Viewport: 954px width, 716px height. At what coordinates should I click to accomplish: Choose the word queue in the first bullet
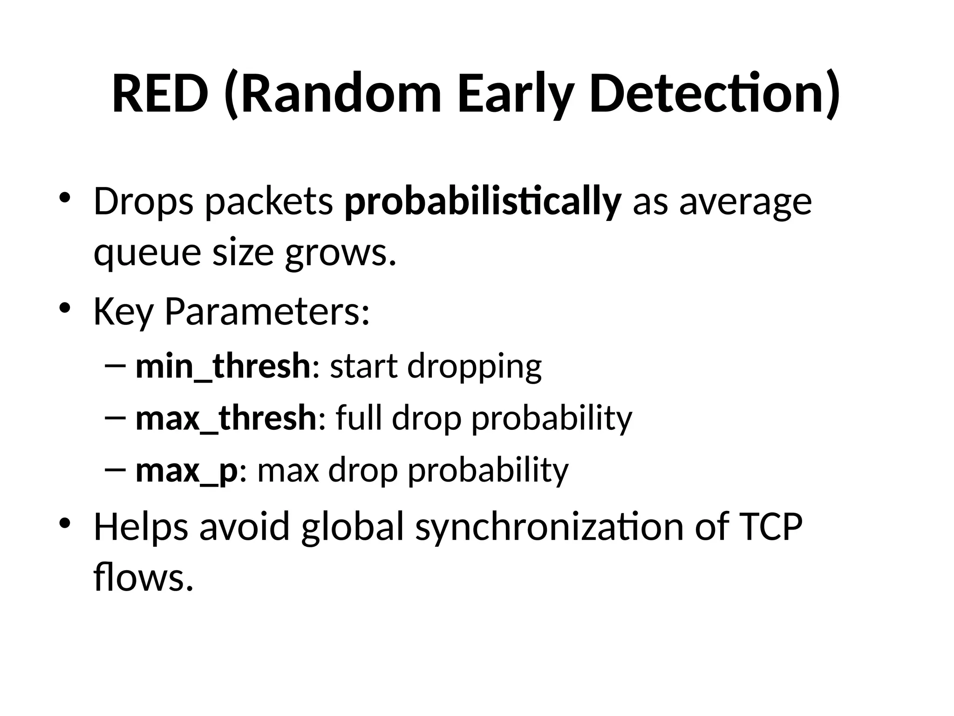click(148, 253)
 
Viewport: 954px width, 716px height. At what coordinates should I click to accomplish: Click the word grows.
click(341, 253)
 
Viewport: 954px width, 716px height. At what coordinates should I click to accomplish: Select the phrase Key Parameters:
click(232, 311)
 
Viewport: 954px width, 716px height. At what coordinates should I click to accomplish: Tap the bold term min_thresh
click(223, 366)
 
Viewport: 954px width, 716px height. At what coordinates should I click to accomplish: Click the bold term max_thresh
click(226, 418)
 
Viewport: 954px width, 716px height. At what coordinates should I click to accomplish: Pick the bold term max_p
click(186, 470)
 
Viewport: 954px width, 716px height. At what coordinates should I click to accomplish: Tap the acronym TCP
click(771, 527)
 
